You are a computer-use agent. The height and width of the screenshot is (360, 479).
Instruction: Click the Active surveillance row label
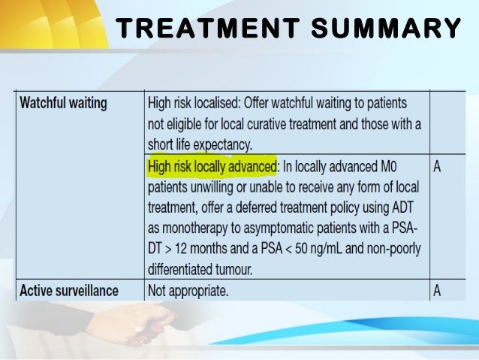point(69,289)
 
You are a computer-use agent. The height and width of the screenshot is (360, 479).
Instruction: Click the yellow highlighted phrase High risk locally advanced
point(212,165)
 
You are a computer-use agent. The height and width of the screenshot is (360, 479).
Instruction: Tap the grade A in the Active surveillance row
point(438,289)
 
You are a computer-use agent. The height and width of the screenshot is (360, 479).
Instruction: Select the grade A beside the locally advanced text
point(438,165)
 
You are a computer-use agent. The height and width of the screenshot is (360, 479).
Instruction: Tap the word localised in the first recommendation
point(229,102)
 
